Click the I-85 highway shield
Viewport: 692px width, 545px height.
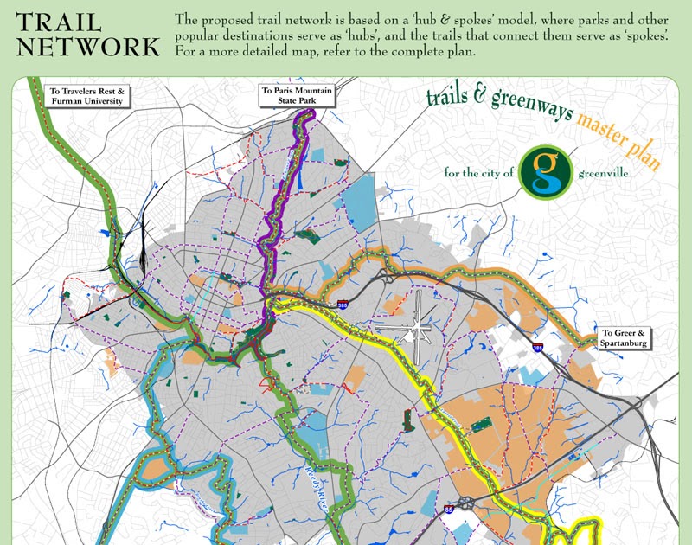click(448, 510)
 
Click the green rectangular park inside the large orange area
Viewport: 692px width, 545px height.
click(479, 423)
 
